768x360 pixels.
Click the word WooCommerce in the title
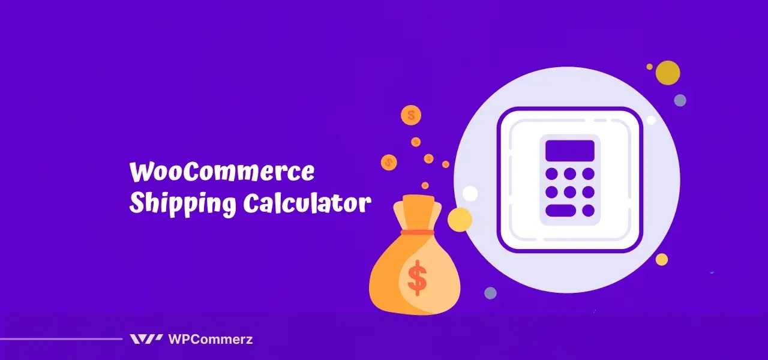coord(221,173)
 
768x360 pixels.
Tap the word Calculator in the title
coord(307,204)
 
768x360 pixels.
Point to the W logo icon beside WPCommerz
coord(146,339)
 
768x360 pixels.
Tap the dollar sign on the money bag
coord(417,278)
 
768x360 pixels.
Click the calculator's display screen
coord(569,151)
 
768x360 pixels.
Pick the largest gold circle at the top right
coord(668,73)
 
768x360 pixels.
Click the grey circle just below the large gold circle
coord(680,100)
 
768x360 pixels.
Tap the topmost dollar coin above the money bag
coord(412,115)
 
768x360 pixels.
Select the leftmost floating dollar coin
coord(389,161)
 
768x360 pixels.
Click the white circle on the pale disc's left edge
coord(470,193)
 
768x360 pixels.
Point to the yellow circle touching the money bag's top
coord(460,220)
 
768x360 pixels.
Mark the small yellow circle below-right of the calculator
coord(662,259)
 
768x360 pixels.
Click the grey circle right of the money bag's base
coord(490,293)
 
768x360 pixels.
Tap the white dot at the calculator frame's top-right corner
coord(651,120)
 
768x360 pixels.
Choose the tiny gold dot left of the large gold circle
coord(649,67)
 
